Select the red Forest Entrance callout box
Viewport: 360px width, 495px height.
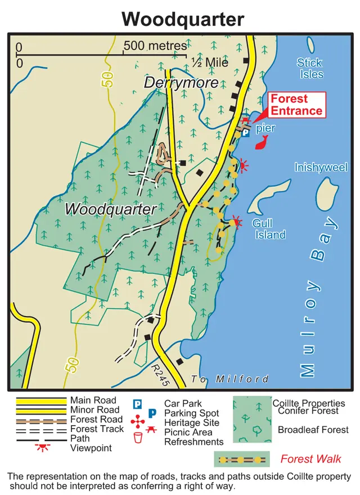pos(296,105)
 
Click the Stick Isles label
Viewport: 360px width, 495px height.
pos(310,69)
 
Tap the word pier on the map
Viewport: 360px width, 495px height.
pos(265,129)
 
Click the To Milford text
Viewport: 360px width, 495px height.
pos(229,379)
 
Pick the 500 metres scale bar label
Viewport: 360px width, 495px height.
pos(155,46)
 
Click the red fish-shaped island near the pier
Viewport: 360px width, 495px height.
pos(262,144)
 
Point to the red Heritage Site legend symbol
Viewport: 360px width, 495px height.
pos(138,422)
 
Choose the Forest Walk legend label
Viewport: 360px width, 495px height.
pos(310,459)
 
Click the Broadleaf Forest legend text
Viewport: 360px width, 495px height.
pos(313,430)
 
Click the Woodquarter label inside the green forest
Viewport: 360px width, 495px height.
pos(110,209)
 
